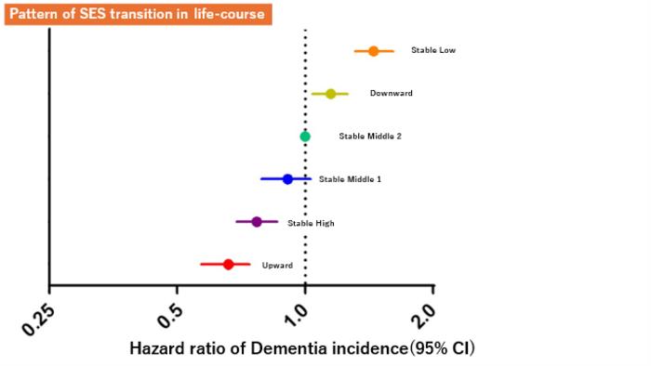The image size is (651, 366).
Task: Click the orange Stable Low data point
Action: click(374, 51)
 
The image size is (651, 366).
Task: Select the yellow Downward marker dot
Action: click(330, 94)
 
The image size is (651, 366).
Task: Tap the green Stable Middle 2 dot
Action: click(305, 137)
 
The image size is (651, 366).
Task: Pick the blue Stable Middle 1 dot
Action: click(287, 179)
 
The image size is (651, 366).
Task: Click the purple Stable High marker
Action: click(257, 222)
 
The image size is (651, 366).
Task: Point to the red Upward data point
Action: click(228, 265)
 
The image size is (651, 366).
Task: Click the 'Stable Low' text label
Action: click(433, 51)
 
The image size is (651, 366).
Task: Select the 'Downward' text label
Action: click(391, 94)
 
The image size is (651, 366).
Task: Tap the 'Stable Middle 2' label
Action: click(370, 137)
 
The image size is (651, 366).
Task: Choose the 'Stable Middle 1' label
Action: click(350, 179)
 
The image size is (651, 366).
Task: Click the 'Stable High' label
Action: click(311, 223)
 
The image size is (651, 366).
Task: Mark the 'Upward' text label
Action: click(277, 266)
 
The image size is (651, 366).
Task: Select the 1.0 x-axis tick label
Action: click(297, 311)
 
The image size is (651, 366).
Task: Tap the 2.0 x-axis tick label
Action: click(424, 311)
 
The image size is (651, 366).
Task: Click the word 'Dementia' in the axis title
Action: click(270, 349)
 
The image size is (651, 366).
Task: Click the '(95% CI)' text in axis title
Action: click(436, 349)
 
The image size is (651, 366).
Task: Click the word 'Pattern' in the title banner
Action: click(34, 14)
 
